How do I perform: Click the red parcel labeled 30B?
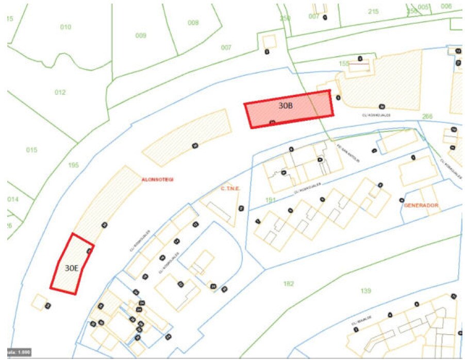coord(289,108)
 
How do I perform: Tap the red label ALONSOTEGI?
coord(157,179)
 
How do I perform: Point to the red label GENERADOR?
coord(421,205)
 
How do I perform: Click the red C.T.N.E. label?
coord(230,188)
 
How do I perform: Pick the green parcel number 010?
coord(65,27)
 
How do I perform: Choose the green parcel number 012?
coord(60,92)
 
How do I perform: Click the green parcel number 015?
coord(32,150)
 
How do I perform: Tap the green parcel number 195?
coord(73,165)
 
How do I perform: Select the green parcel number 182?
coord(289,284)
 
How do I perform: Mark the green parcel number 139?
coord(366,291)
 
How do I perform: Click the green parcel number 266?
coord(427,117)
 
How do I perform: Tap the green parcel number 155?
coord(344,63)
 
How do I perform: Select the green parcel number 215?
coord(373,11)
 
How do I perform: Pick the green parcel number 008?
coord(193,23)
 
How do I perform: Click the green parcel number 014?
coord(13,199)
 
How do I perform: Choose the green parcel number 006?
coord(446,6)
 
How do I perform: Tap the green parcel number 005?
coord(424,7)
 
